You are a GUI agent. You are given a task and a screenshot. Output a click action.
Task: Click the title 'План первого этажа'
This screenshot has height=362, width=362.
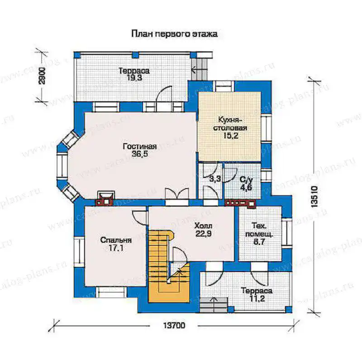[174, 34]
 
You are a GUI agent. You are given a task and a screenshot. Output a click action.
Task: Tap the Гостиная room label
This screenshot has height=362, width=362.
[140, 146]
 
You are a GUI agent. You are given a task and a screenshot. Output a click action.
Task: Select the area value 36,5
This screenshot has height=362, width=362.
[140, 154]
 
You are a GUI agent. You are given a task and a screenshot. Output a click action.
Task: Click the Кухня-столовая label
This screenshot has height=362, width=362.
[230, 124]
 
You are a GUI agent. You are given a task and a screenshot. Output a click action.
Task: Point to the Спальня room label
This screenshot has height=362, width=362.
[116, 240]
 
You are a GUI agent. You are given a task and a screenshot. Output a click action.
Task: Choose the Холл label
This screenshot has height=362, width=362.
[203, 226]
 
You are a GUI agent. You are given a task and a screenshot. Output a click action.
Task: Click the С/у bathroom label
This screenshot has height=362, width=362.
[246, 180]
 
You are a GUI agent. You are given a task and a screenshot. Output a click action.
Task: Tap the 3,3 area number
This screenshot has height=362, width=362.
[215, 179]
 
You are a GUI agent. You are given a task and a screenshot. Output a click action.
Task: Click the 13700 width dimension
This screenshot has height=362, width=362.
[174, 325]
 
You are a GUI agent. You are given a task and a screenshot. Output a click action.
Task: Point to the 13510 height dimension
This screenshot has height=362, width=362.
[314, 196]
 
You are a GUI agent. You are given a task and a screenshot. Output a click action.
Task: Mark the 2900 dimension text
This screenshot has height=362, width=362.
[42, 76]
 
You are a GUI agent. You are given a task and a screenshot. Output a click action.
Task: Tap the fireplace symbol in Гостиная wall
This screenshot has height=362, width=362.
[106, 198]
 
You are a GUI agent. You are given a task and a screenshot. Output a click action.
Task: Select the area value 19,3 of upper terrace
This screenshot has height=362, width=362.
[134, 78]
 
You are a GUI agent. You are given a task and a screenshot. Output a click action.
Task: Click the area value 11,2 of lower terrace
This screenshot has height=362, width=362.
[257, 299]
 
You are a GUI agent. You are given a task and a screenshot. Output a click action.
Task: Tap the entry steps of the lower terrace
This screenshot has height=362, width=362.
[214, 305]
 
